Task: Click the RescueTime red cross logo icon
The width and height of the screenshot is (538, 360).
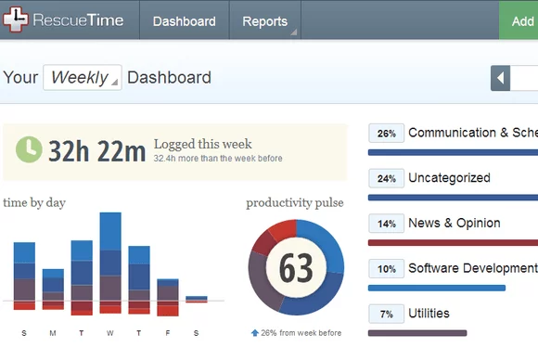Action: tap(17, 19)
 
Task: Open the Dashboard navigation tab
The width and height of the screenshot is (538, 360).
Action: tap(184, 21)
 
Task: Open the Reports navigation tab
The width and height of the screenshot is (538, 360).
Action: tap(264, 21)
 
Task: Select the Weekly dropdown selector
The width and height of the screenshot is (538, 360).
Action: tap(82, 78)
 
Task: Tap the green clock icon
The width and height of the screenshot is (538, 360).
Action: tap(30, 148)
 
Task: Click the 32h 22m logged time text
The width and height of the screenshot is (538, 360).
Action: tap(96, 150)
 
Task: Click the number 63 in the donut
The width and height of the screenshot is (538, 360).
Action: tap(296, 268)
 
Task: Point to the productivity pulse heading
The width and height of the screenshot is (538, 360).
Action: tap(295, 202)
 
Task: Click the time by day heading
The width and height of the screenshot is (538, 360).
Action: tap(34, 202)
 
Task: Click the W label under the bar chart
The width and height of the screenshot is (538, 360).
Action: tap(110, 332)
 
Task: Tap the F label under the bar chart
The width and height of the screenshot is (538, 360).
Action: tap(167, 332)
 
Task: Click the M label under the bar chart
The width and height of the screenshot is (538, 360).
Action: tap(53, 332)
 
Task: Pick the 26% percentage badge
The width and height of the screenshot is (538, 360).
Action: tap(386, 134)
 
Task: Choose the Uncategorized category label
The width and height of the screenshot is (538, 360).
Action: tap(449, 177)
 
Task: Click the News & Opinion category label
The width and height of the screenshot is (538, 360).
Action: tap(454, 223)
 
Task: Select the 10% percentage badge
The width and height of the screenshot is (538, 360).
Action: tap(386, 269)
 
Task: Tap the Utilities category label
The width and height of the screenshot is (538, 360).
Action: tap(429, 314)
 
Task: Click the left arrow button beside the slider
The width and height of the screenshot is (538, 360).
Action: tap(501, 78)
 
